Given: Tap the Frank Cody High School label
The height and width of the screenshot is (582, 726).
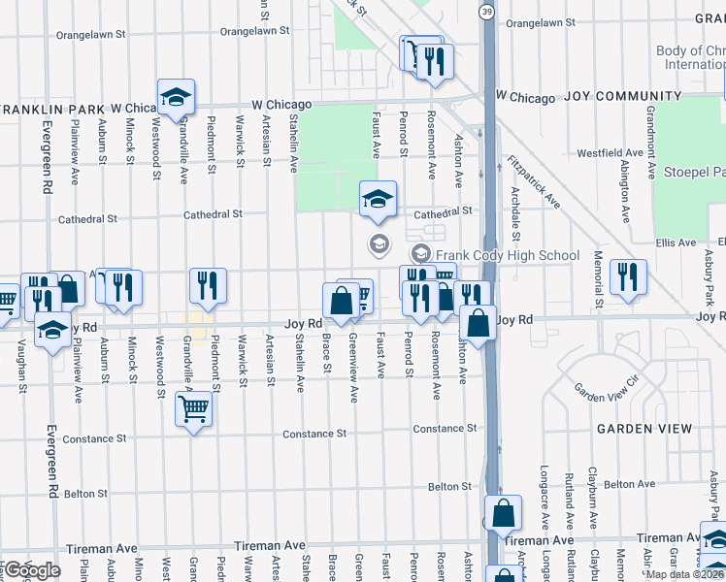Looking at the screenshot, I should tap(507, 256).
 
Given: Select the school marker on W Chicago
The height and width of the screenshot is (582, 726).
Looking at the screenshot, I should tap(177, 97).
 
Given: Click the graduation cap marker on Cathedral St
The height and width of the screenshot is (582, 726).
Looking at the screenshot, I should tap(378, 200).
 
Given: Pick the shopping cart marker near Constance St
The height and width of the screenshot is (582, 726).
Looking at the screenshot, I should tap(193, 410).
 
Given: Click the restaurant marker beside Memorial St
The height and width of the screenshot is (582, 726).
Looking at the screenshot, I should tap(628, 278).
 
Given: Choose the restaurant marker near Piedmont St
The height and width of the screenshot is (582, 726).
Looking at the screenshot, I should tap(208, 285).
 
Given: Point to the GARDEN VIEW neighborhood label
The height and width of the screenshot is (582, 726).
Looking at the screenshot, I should tap(644, 429).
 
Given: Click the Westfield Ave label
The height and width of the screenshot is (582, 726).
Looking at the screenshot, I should tap(610, 153).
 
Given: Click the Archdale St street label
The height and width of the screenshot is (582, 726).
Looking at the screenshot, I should tap(516, 221).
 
